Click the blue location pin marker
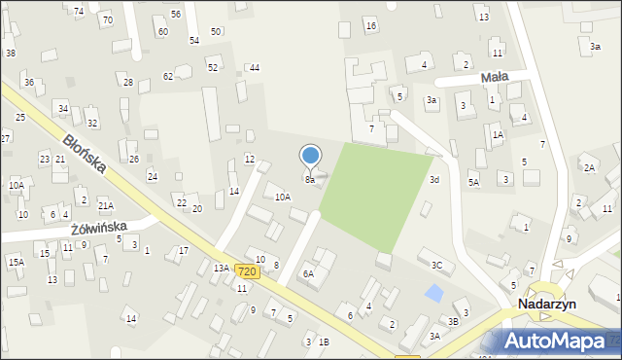point(311,157)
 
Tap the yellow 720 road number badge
point(247,271)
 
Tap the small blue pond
point(434,292)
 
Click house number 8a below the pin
point(310,180)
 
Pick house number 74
point(79,11)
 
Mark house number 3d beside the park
point(434,180)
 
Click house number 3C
point(437,265)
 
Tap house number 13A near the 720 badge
point(222,268)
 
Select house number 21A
point(105,205)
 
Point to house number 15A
point(16,262)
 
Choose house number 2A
point(589,167)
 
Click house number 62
point(168,76)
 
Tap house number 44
point(254,67)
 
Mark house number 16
point(370,24)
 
